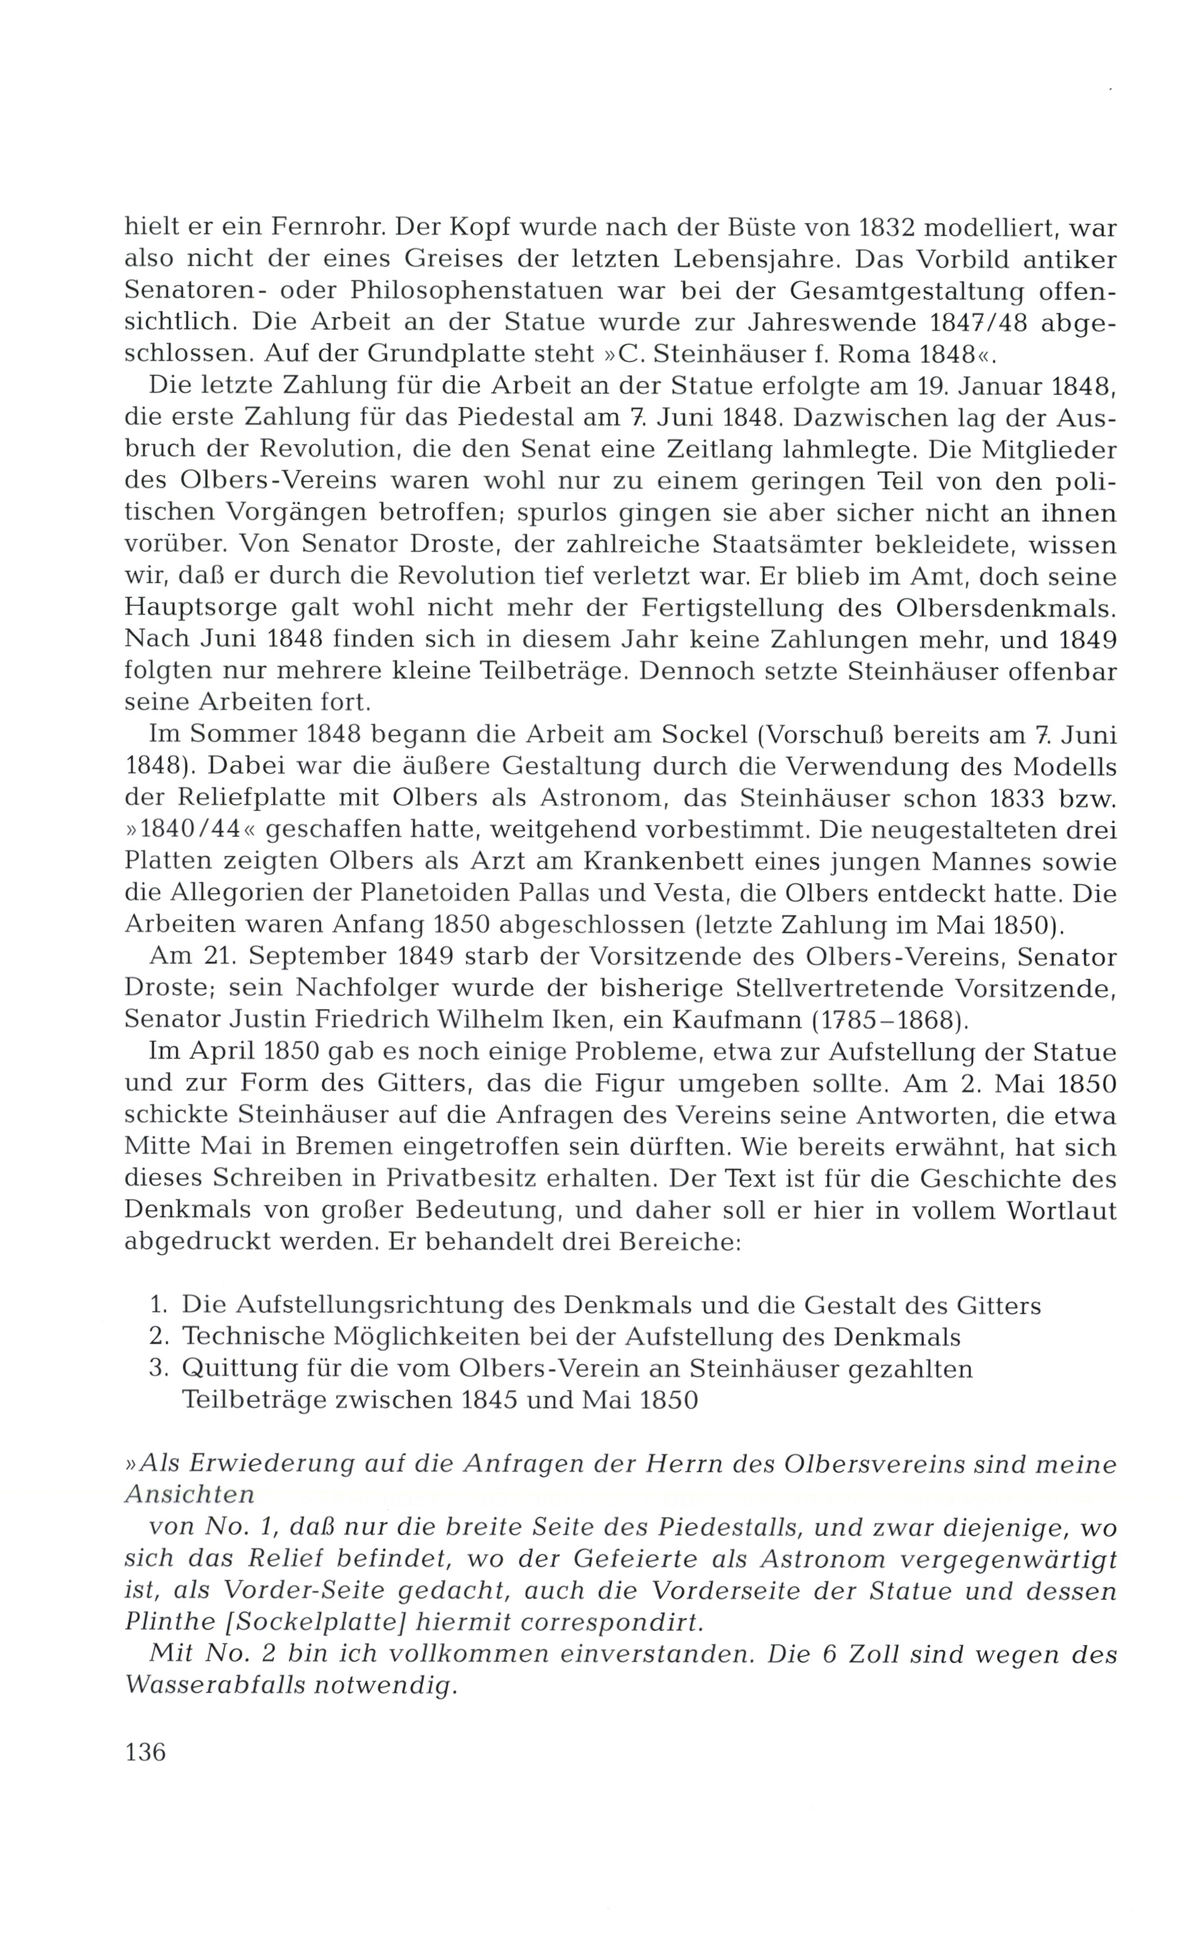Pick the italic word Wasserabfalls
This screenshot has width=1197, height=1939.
coord(216,1686)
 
